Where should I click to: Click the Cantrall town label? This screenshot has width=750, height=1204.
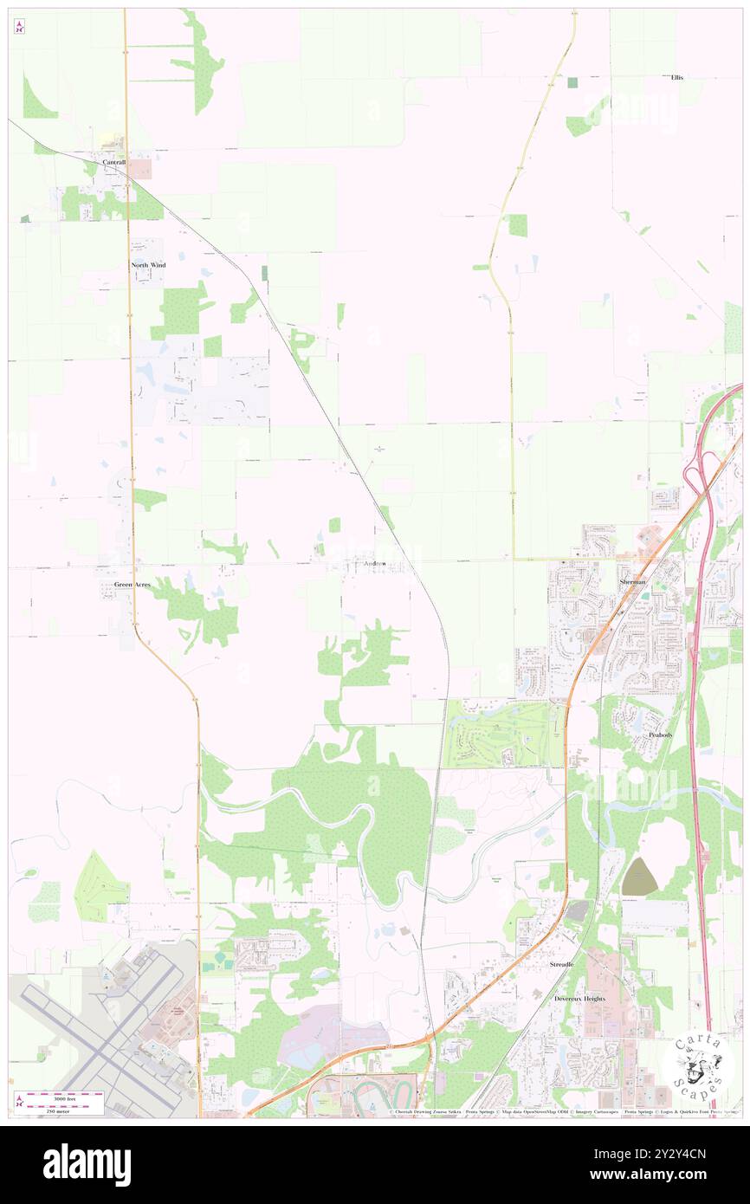point(113,162)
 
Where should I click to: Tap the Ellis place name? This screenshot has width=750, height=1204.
point(676,77)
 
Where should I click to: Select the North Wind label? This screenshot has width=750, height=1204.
point(148,264)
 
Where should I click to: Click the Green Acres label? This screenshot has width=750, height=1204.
point(133,585)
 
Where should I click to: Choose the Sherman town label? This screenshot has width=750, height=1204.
point(632,582)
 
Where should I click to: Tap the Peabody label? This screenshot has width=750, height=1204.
point(660,734)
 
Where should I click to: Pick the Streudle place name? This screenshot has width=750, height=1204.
point(562,964)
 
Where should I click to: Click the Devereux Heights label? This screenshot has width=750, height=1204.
point(579,999)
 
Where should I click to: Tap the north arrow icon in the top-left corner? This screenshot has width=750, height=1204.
point(19,27)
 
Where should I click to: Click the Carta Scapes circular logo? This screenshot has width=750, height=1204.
point(696,1065)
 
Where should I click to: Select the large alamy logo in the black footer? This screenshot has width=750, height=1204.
point(87,1164)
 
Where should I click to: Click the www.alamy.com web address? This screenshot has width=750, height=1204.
point(660,1175)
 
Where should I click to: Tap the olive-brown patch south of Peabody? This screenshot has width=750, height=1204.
point(638,877)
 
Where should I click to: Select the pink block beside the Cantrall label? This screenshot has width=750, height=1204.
point(141,168)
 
